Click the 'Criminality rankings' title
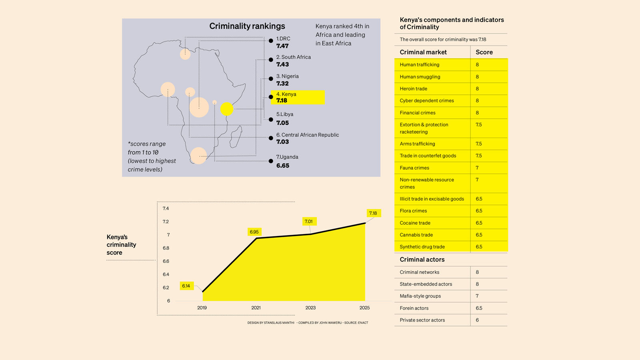coord(247,26)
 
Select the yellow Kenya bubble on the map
coord(227,109)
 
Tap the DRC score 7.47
coord(282,46)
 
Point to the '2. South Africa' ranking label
coord(293,57)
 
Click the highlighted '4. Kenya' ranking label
coord(286,94)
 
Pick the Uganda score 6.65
coord(283,166)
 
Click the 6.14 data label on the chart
coord(186,286)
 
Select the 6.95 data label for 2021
coord(254,232)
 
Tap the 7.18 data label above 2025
coord(373,213)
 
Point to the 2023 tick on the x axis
coord(310,308)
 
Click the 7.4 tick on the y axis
coord(166,208)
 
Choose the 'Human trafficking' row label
coord(419,65)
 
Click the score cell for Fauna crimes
coord(477,168)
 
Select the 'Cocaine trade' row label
coord(415,223)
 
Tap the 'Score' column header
coord(484,52)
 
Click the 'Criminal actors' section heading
coord(422,260)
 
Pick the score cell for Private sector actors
coord(477,320)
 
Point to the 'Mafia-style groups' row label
coord(420,296)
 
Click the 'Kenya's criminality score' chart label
coord(121,245)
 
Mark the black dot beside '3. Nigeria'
coord(271,79)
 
